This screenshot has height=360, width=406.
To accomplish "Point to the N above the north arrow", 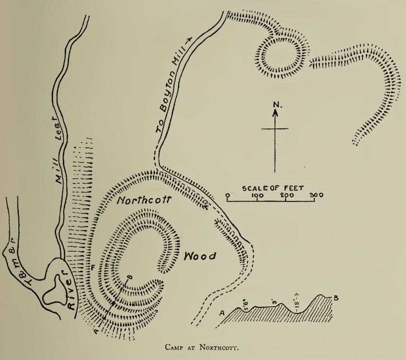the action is (x=275, y=104).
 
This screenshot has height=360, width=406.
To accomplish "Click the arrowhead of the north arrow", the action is (x=275, y=114).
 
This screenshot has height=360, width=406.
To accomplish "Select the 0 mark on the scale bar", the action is (x=227, y=195).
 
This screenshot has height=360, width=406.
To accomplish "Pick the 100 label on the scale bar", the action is (x=257, y=195).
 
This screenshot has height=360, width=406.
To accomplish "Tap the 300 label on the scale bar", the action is (x=316, y=195).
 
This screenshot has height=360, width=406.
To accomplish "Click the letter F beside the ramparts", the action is (x=92, y=267).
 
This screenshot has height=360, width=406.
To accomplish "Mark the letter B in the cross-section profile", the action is (x=335, y=298).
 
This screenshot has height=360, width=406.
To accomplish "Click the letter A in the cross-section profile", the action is (x=222, y=313).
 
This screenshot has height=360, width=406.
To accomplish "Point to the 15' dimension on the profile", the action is (x=295, y=300).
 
